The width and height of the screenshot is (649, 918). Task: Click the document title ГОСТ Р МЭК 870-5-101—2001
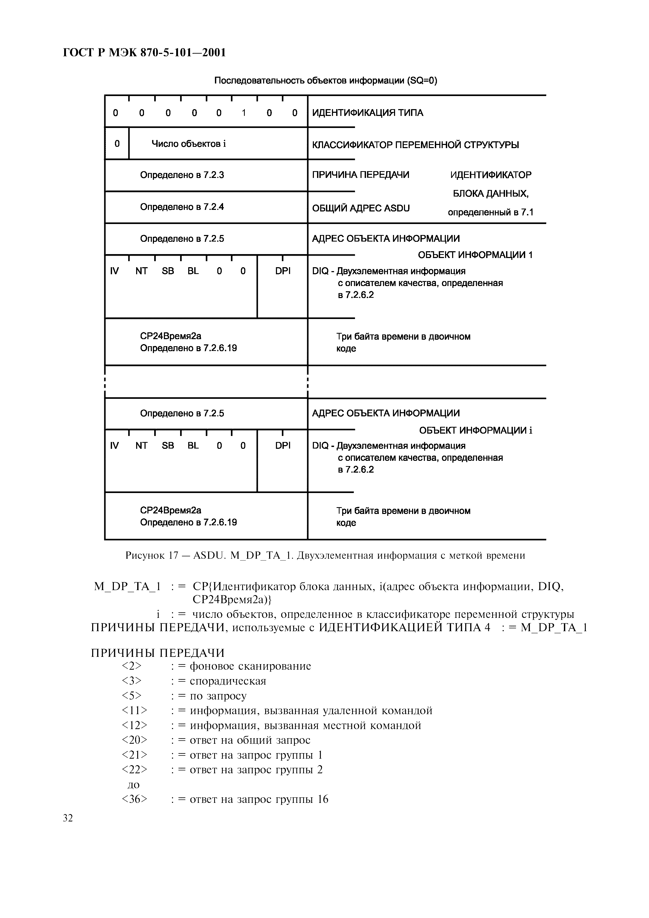(144, 52)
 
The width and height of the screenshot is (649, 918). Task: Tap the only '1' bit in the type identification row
(243, 113)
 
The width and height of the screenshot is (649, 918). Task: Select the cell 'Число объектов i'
(189, 144)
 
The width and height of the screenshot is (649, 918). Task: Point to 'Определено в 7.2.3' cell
(182, 175)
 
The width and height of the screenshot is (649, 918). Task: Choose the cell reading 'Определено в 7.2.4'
(182, 207)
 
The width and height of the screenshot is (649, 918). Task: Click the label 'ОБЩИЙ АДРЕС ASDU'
(361, 208)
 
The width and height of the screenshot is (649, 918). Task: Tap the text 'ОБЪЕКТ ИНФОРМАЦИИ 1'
(475, 255)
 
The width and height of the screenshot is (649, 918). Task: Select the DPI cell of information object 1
(283, 271)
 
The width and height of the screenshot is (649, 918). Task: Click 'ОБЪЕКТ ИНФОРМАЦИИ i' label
(475, 430)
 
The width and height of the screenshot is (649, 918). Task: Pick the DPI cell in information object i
(283, 445)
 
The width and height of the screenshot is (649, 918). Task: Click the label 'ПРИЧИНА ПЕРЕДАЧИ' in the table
(360, 175)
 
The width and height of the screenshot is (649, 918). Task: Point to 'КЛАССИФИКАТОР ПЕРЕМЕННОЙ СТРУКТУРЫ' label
(415, 145)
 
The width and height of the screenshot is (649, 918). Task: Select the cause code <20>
(134, 740)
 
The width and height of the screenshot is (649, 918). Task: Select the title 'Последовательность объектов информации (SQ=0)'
(325, 81)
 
